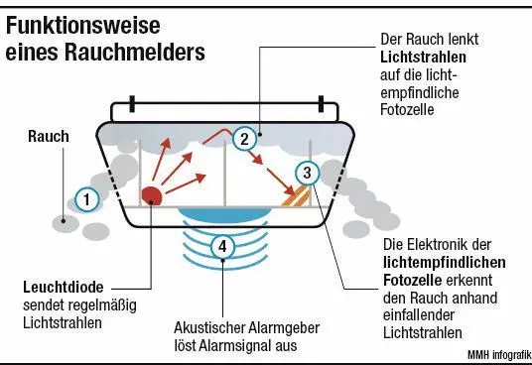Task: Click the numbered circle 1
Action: [87, 200]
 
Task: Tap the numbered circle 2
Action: [243, 139]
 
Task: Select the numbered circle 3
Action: [308, 174]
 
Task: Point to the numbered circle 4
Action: [224, 246]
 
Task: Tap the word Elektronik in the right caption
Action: [444, 244]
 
